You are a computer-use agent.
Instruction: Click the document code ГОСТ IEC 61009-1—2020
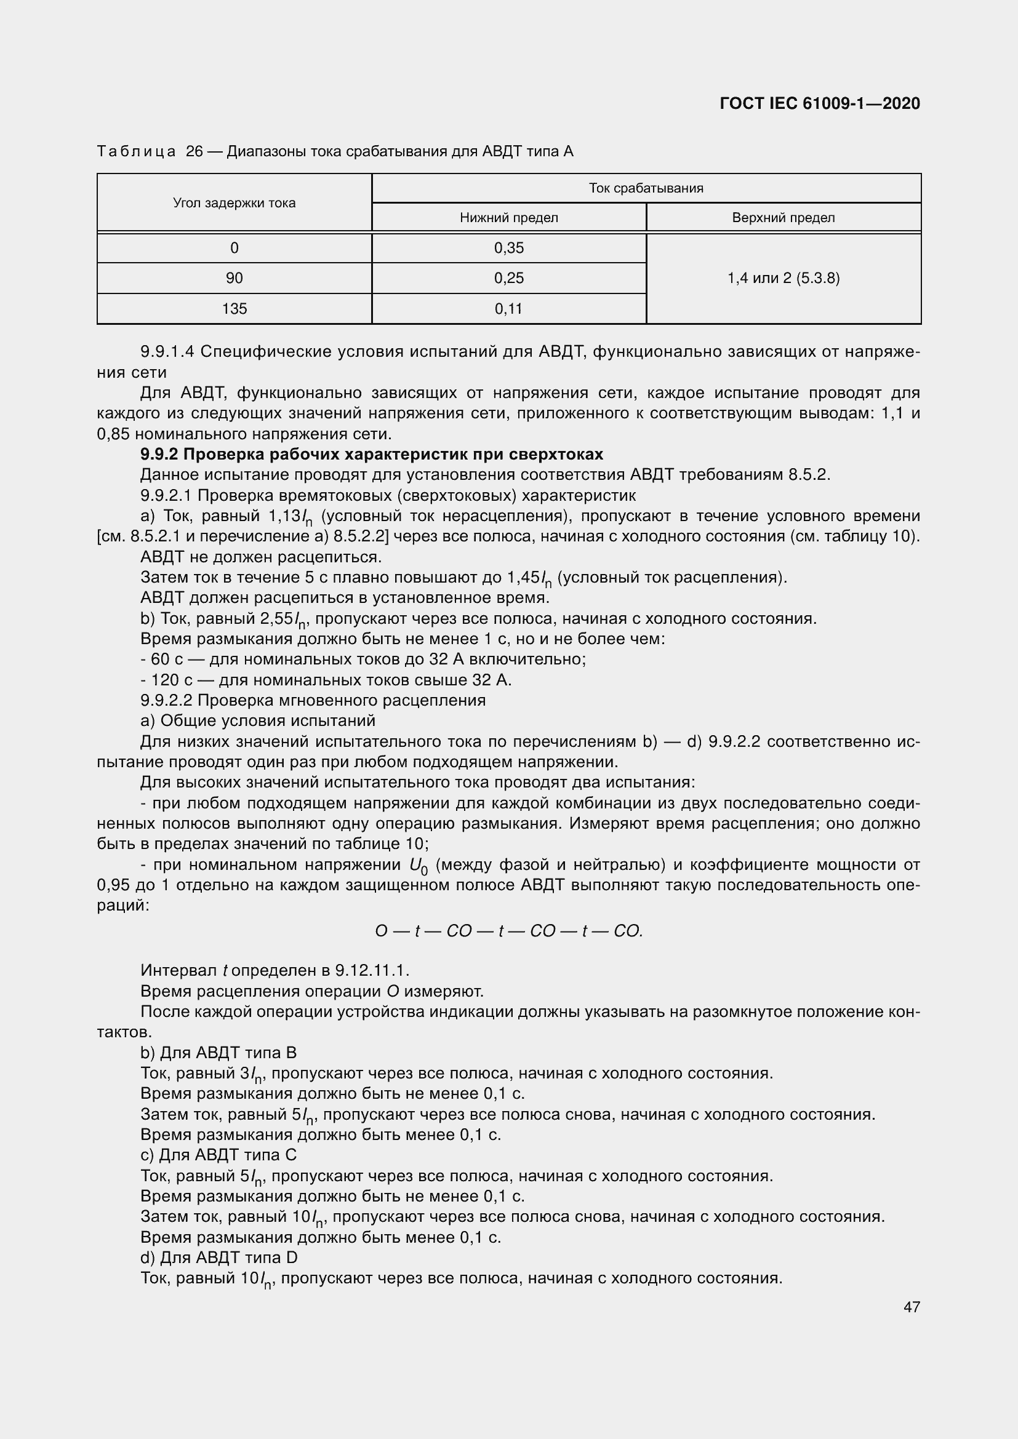point(819,103)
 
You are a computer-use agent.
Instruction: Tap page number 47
point(912,1306)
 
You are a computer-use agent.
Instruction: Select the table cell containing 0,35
point(508,248)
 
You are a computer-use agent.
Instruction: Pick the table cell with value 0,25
point(508,278)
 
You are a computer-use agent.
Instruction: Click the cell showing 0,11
point(508,308)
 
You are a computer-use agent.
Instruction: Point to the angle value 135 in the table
point(234,308)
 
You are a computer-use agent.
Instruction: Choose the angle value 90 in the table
point(234,278)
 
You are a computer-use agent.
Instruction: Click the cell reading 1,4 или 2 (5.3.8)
point(783,278)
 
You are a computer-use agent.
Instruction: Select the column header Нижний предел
point(508,218)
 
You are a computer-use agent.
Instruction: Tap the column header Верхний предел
point(783,218)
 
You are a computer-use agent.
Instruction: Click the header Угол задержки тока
point(234,203)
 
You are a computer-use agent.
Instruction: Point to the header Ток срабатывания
point(646,188)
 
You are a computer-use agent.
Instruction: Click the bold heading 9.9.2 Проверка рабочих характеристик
point(372,454)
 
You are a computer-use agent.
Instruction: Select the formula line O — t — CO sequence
point(508,931)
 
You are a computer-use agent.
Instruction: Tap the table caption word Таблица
point(136,152)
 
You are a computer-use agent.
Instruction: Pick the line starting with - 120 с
point(326,680)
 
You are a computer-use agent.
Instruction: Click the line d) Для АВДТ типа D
point(218,1258)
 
